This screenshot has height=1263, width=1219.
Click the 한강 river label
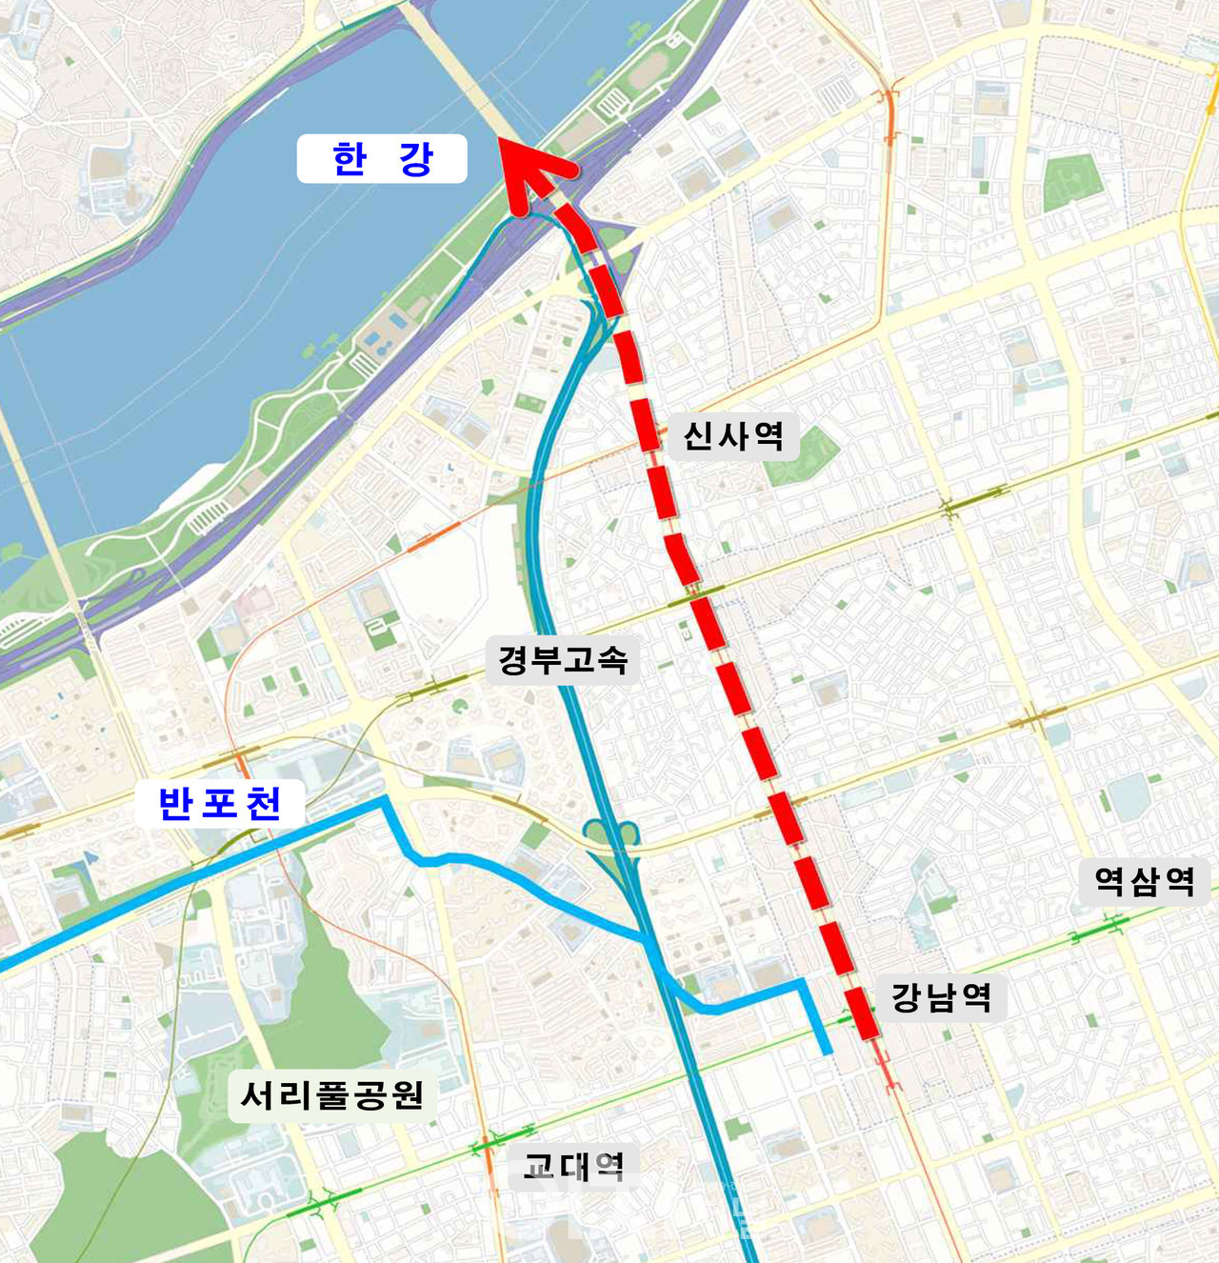pyautogui.click(x=382, y=159)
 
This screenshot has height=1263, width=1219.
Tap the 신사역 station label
pyautogui.click(x=733, y=436)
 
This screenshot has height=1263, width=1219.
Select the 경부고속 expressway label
pyautogui.click(x=563, y=659)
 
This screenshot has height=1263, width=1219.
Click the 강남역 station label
pyautogui.click(x=941, y=997)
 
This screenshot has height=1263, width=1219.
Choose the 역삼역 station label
pyautogui.click(x=1144, y=881)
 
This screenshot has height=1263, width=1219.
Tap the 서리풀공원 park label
pyautogui.click(x=331, y=1095)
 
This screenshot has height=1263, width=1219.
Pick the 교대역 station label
pyautogui.click(x=573, y=1166)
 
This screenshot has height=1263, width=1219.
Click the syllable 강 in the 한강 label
pyautogui.click(x=416, y=159)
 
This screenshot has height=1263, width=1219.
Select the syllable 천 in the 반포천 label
pyautogui.click(x=264, y=804)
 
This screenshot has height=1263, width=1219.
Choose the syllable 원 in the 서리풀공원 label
pyautogui.click(x=408, y=1095)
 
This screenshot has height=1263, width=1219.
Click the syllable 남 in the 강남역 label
pyautogui.click(x=941, y=997)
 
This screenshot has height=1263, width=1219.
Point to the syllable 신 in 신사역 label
pyautogui.click(x=699, y=436)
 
